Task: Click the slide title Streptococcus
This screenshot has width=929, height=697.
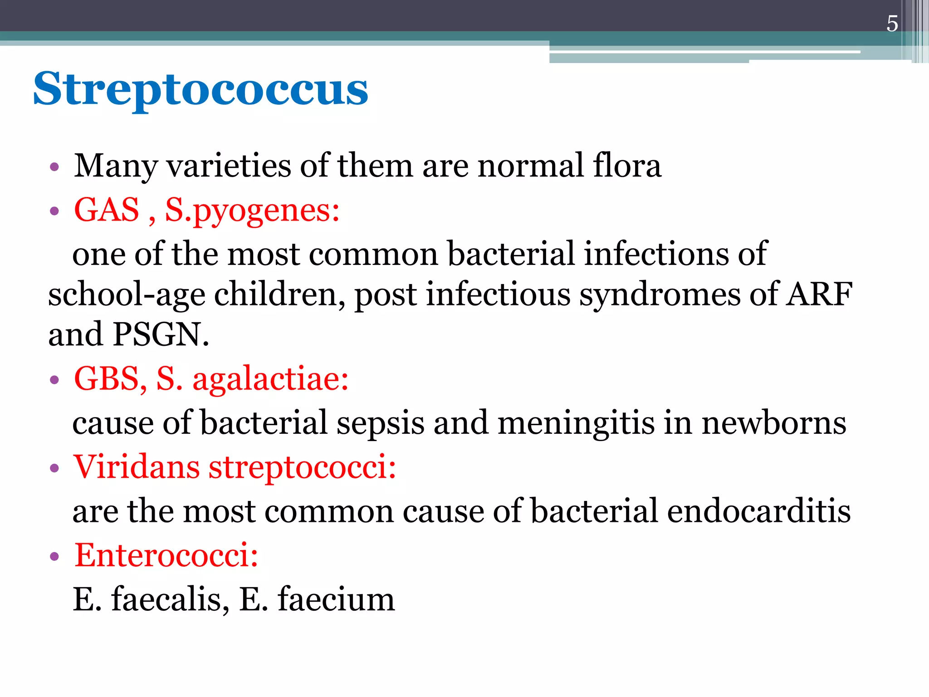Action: (x=200, y=89)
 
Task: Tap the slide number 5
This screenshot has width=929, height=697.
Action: (x=892, y=24)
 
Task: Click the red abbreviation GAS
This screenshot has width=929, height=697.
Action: (x=107, y=210)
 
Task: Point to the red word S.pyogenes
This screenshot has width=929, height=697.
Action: (x=252, y=211)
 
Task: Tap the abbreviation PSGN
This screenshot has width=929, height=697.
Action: (x=161, y=334)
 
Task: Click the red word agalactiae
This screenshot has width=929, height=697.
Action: (x=270, y=379)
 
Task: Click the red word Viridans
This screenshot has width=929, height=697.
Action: (x=137, y=466)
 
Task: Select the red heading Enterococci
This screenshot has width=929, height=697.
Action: (x=166, y=555)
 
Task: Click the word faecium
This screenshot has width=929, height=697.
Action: (x=336, y=599)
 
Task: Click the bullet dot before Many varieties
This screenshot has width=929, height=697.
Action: (x=54, y=167)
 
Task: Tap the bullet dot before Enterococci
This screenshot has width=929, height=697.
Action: (x=54, y=556)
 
